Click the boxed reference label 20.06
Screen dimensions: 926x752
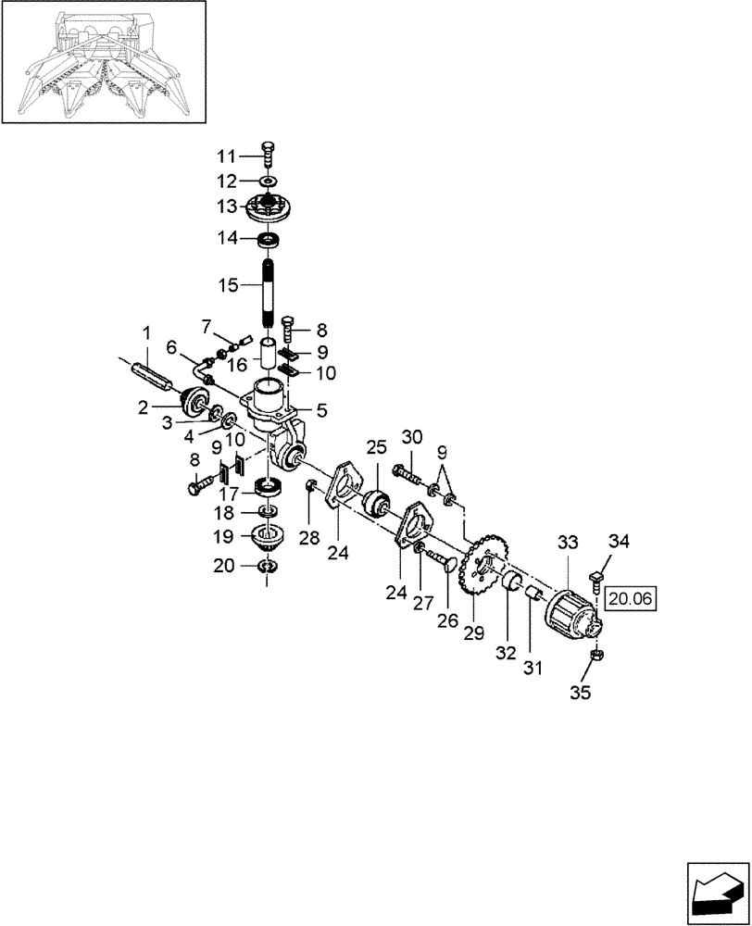(632, 600)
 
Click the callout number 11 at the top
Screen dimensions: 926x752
(228, 155)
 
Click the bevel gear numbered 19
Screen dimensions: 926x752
(267, 536)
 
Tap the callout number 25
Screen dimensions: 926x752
(374, 446)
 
